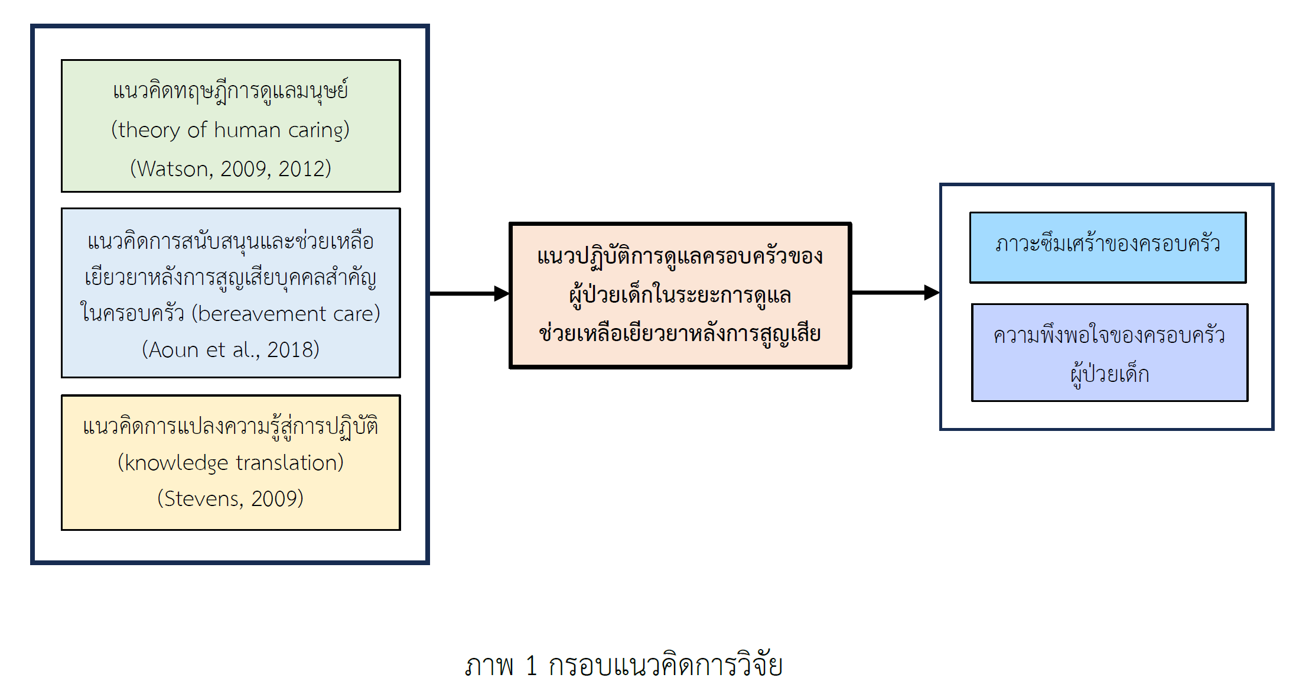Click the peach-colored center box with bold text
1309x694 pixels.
[679, 295]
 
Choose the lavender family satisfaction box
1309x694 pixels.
[1109, 353]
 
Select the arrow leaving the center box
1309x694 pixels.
[895, 293]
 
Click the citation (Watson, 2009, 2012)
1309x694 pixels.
[230, 169]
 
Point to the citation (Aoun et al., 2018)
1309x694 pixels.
[230, 350]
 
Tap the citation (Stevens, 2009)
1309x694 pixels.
[230, 499]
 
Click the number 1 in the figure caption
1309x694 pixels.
[531, 666]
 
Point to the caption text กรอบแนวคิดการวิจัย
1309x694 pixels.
[665, 666]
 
